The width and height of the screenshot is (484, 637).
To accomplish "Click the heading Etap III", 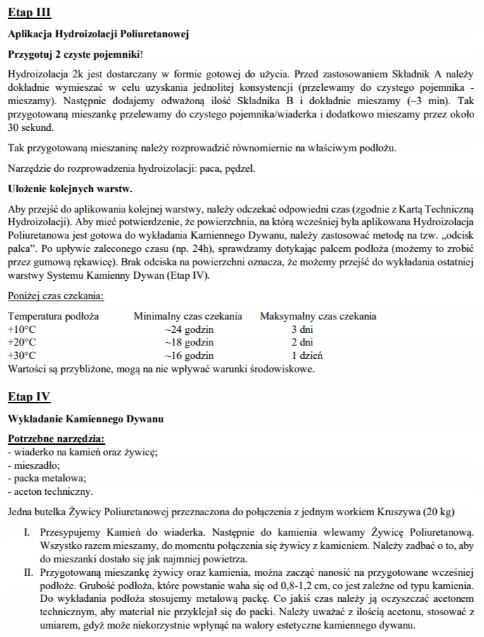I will coord(29,13).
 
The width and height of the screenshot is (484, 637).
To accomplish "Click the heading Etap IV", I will coord(29,397).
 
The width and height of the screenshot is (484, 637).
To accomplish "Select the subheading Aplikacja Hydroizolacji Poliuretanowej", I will coord(98,34).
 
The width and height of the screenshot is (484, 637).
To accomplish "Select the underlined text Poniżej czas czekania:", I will coord(56,296).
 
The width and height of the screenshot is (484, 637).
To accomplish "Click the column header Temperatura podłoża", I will coord(53,316).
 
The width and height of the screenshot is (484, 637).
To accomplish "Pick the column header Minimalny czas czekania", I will coord(188,316).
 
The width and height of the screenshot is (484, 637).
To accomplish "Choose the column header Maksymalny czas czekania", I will coord(318,316).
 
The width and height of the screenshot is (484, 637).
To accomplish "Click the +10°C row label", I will coord(21,329).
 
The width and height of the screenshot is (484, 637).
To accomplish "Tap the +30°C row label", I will coord(21,355).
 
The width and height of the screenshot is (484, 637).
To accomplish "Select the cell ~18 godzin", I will coord(189,343).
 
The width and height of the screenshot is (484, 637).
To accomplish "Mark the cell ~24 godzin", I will coord(189,329).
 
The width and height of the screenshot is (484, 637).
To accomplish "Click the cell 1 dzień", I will coord(307,355).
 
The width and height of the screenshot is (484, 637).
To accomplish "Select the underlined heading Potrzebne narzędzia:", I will coord(56,439).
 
